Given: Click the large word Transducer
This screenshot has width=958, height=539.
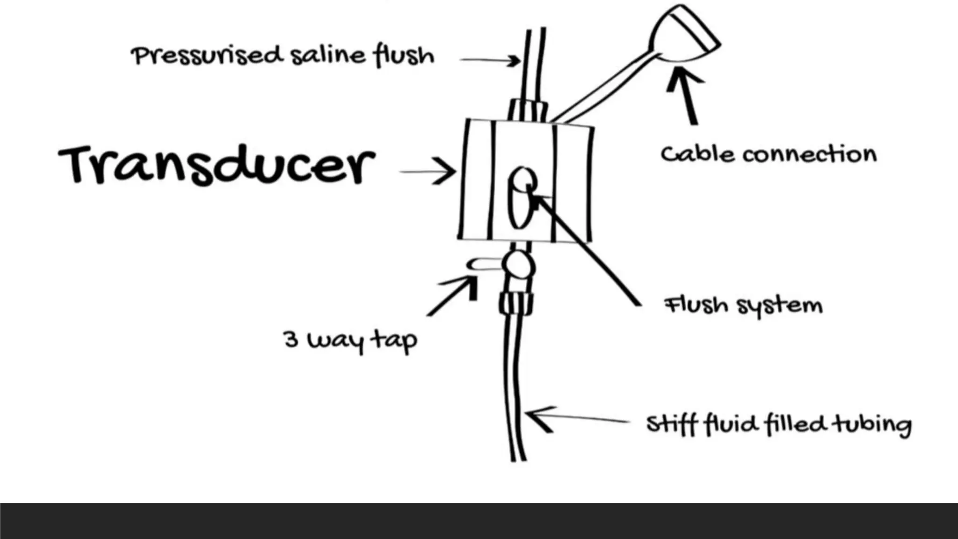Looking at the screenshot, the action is (217, 165).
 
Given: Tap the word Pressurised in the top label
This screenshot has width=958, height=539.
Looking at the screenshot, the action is (207, 56).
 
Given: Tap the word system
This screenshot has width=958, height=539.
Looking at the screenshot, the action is (780, 306).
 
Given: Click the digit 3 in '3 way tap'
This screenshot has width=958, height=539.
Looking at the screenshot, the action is (290, 339).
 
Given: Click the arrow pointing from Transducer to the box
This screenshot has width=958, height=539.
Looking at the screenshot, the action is (428, 171).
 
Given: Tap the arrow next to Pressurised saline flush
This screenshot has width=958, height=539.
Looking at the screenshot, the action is (490, 60).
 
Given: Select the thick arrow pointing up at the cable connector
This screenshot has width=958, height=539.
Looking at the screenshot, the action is (686, 95).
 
